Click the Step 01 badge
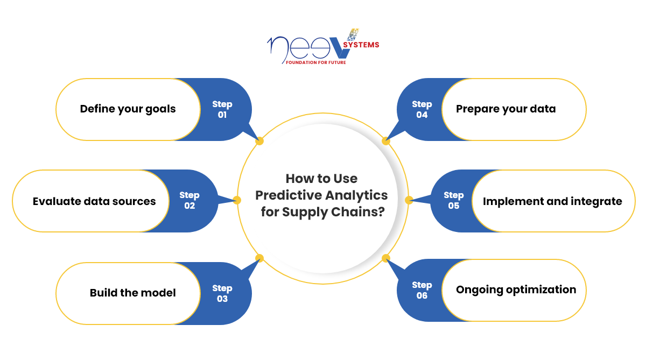222,109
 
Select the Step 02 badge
189,201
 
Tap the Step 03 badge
222,293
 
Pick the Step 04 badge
422,109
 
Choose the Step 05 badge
454,201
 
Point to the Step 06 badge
422,290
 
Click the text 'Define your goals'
128,109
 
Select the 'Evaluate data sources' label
94,201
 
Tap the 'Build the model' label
132,293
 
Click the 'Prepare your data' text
505,109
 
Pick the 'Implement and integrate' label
552,201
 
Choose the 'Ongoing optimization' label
516,290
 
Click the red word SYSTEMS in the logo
361,45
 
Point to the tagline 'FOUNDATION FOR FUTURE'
315,62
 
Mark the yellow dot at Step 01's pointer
259,142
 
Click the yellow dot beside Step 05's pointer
409,200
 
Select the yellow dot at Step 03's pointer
259,258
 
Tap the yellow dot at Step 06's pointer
385,258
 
